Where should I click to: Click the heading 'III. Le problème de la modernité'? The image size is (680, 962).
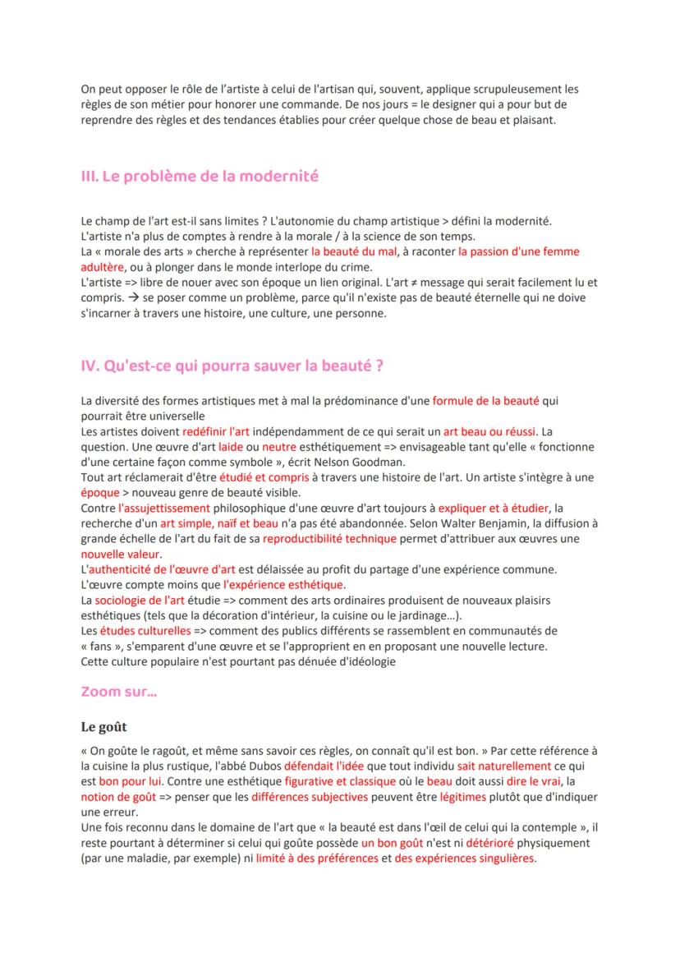200,177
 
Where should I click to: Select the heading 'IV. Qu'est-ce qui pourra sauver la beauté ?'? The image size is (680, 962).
232,366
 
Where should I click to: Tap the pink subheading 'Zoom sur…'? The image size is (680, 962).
119,692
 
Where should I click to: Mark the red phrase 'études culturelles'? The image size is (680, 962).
145,630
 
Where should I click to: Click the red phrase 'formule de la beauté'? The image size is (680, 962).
485,401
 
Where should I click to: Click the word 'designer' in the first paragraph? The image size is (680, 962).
443,104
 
